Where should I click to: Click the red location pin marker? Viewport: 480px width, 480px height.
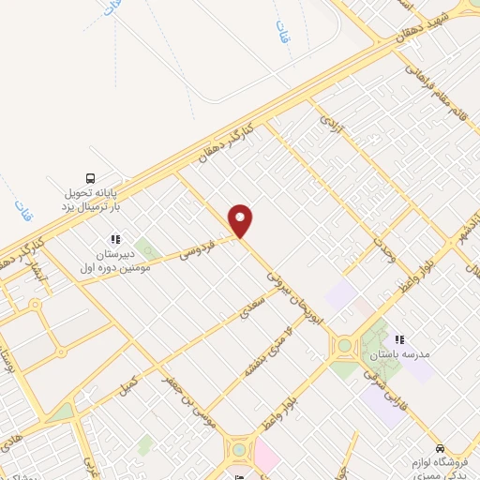(241, 220)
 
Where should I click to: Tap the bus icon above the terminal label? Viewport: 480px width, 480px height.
(91, 178)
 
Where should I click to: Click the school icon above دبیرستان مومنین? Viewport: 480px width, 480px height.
(116, 240)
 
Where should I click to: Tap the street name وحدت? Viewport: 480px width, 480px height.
(385, 252)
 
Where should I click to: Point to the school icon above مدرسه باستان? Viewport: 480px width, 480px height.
(398, 339)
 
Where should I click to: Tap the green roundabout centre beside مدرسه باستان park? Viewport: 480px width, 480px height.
(344, 346)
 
